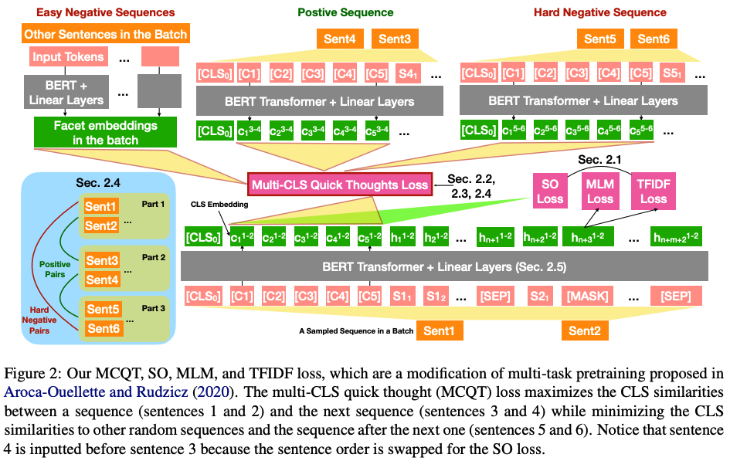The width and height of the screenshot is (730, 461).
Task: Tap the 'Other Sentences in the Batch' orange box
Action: tap(106, 34)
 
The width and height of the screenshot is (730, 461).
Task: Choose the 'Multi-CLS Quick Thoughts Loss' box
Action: tap(339, 185)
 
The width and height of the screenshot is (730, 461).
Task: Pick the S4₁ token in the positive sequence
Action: tap(408, 76)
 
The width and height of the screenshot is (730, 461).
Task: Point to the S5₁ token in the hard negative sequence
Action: tap(671, 76)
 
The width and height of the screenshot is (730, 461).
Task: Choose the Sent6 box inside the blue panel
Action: tap(102, 328)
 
